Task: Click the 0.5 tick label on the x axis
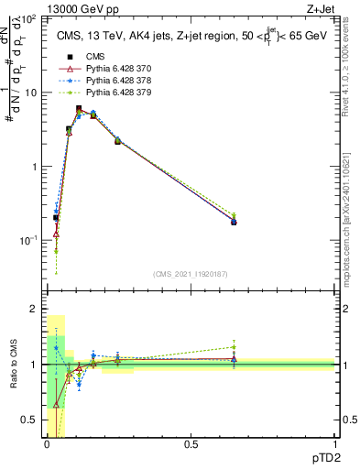tap(191, 445)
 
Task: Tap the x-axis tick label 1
tap(334, 445)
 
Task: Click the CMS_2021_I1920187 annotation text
tap(190, 273)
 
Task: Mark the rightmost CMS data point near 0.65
tap(234, 222)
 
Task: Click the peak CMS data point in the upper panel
tap(79, 108)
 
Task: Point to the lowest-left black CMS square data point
tap(56, 218)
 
